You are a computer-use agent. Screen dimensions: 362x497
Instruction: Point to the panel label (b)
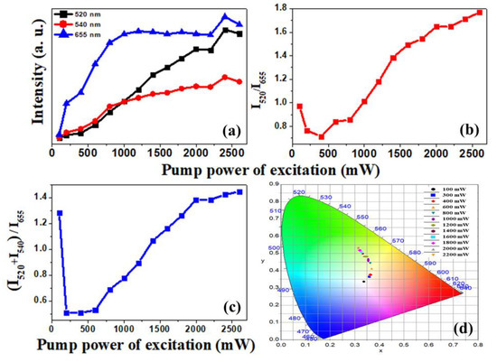[x=469, y=133]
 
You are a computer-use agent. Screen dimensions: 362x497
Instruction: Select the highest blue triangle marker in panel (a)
[x=225, y=16]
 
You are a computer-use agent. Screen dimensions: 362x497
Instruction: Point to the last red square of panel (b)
[x=479, y=13]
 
